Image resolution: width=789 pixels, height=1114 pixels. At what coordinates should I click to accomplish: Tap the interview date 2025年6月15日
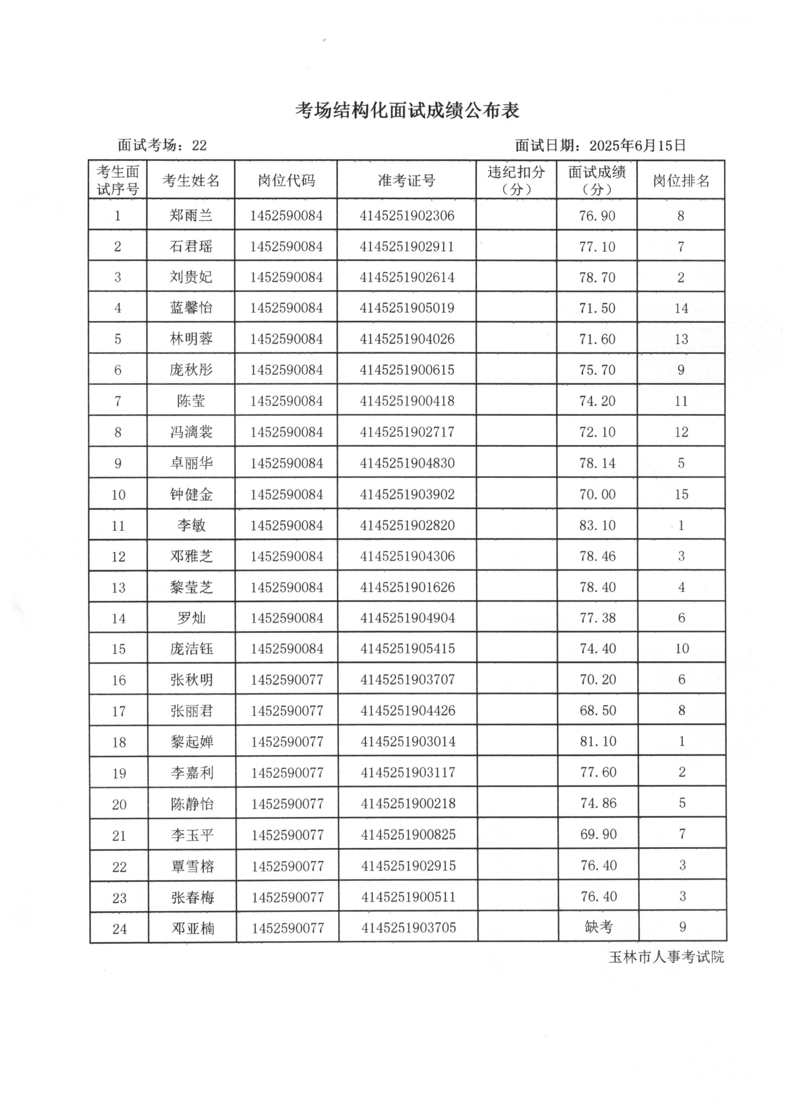[637, 146]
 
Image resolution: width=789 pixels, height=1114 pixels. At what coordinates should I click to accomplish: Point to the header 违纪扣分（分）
[516, 180]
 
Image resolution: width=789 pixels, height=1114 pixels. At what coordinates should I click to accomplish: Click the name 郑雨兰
[191, 215]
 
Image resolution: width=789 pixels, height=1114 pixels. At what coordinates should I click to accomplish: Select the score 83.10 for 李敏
[597, 525]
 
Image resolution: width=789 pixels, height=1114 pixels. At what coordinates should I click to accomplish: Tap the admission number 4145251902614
[407, 277]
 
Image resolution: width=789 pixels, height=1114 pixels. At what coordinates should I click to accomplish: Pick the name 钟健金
[191, 495]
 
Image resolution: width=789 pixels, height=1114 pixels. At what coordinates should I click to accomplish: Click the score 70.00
[597, 495]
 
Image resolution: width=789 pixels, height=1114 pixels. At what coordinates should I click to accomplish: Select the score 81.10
[598, 741]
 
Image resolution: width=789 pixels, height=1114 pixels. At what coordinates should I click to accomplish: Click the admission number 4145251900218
[408, 803]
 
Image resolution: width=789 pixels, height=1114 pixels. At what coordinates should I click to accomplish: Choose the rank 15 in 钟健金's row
[681, 495]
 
